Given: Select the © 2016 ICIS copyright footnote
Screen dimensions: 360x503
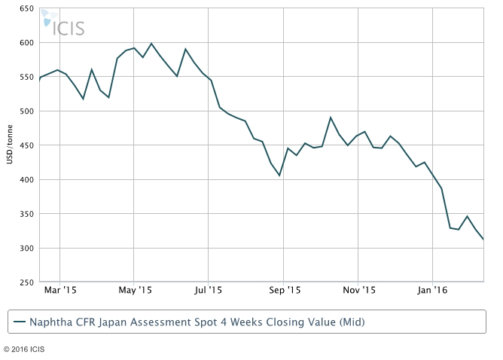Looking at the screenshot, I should click(x=27, y=349).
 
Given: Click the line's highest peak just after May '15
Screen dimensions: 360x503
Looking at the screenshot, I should click(x=151, y=44).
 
